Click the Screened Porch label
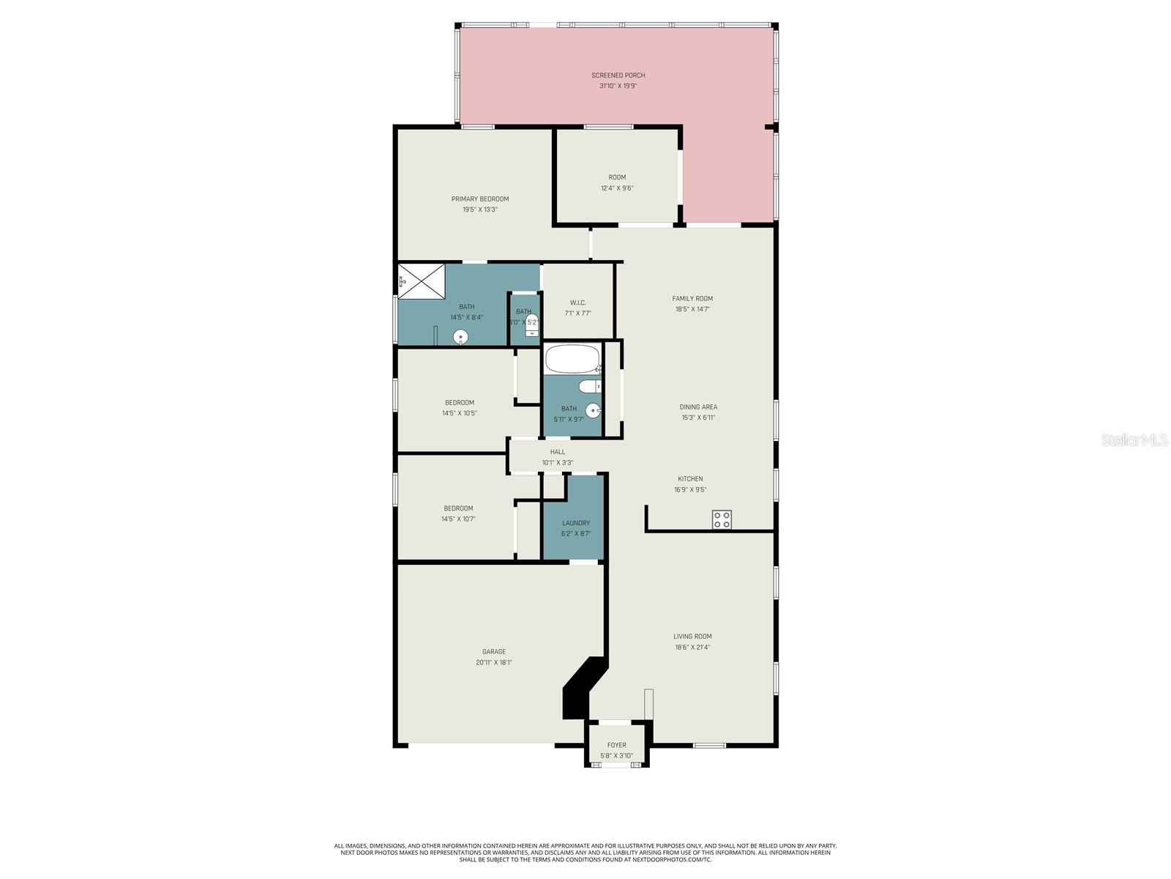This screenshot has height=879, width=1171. tap(618, 75)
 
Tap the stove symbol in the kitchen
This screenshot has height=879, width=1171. tap(722, 519)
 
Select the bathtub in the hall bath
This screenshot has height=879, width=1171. tap(572, 360)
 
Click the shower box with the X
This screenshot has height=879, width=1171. tap(421, 281)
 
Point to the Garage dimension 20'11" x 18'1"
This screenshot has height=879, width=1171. tap(494, 662)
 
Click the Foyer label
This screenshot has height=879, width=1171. tap(617, 745)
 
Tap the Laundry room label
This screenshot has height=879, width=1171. tap(576, 523)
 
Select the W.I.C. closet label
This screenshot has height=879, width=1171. tap(577, 303)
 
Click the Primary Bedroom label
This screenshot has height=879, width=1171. tap(480, 199)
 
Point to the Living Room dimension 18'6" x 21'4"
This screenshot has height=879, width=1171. tap(692, 647)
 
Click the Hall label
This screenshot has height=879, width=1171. tap(558, 452)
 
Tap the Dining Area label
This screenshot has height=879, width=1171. tap(698, 407)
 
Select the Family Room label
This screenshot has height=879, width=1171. tap(692, 298)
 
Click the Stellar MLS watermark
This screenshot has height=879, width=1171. tap(1135, 440)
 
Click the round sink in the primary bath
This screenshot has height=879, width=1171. tap(460, 337)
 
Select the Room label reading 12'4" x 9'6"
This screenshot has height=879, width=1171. tap(617, 177)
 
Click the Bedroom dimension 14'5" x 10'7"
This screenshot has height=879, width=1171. tap(458, 519)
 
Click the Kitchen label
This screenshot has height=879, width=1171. tap(690, 479)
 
